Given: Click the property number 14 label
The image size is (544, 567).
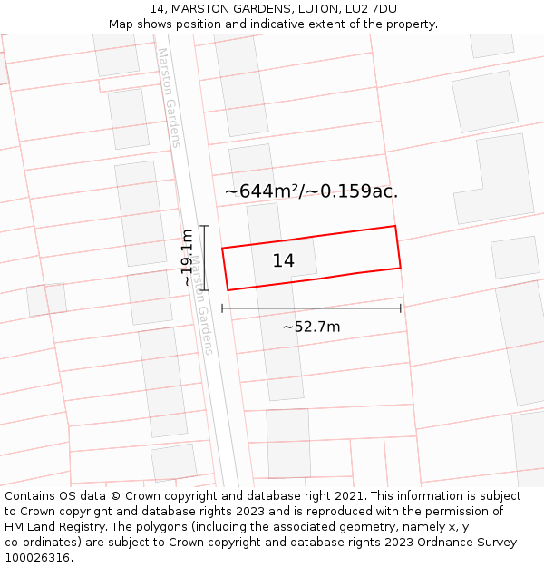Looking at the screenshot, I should (283, 261).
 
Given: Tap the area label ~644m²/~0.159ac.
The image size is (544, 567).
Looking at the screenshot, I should (311, 191).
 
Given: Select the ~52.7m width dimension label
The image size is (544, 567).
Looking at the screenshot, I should (311, 327).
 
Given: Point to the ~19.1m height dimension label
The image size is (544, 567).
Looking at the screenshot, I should (187, 258).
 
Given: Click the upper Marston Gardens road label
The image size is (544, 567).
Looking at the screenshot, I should (170, 97).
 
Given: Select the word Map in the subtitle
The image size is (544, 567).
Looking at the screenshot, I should (121, 24).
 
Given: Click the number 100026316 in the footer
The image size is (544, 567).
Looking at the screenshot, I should (37, 558).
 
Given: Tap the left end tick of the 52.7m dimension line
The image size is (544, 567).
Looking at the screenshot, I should (222, 308).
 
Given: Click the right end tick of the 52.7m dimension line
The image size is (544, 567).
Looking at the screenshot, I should (400, 308).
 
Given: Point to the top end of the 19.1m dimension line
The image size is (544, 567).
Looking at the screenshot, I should (204, 226).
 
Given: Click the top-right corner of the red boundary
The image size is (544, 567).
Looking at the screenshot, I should (395, 226).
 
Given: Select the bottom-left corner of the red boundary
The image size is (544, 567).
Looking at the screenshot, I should (228, 290).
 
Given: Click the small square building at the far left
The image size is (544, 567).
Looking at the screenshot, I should (46, 300).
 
